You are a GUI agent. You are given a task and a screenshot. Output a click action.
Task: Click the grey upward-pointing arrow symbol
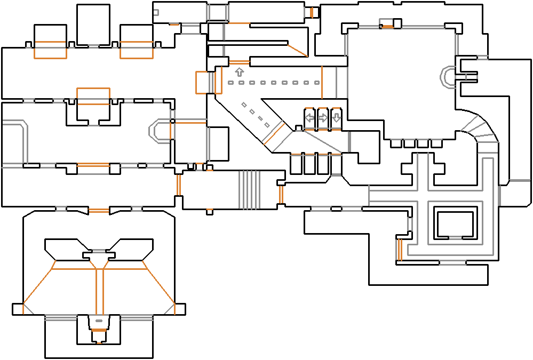coord(239,71)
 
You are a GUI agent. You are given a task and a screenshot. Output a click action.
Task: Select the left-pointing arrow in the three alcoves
coord(309,118)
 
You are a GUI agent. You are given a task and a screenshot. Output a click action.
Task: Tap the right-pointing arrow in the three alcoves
coord(323,118)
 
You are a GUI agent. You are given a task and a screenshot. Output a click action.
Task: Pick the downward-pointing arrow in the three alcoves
coord(336,118)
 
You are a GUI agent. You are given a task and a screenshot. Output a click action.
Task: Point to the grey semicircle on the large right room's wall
coord(447,77)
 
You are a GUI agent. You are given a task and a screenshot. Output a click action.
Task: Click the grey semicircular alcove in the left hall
coord(156,131)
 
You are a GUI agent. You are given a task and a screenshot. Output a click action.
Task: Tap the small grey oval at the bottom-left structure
coord(99,321)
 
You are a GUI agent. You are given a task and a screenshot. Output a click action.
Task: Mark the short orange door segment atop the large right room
coord(387,27)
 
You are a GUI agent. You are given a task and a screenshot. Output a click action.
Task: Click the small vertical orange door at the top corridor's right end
coord(312,12)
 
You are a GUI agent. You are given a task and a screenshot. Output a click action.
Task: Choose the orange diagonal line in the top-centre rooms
coord(297,50)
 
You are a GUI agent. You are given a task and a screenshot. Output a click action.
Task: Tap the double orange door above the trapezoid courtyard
coord(99,212)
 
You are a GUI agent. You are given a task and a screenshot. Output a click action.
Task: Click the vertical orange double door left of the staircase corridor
coord(179,185)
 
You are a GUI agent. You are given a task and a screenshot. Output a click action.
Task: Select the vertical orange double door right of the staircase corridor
coord(281,195)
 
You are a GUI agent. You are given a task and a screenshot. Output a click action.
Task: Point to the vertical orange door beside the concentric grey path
coord(399,249)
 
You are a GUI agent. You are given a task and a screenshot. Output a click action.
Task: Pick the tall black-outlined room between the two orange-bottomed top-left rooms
coord(93,25)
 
